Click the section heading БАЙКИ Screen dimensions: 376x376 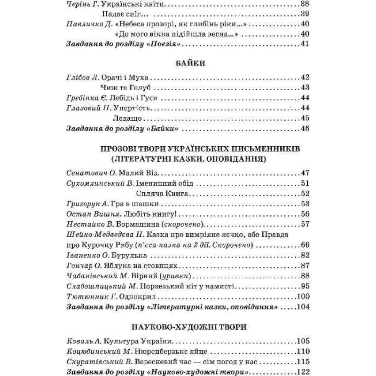pos(187,63)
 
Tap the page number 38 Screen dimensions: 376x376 pos(304,4)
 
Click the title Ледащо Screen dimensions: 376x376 pos(126,118)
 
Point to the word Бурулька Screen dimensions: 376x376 pos(133,255)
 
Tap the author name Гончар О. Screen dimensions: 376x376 pos(81,265)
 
